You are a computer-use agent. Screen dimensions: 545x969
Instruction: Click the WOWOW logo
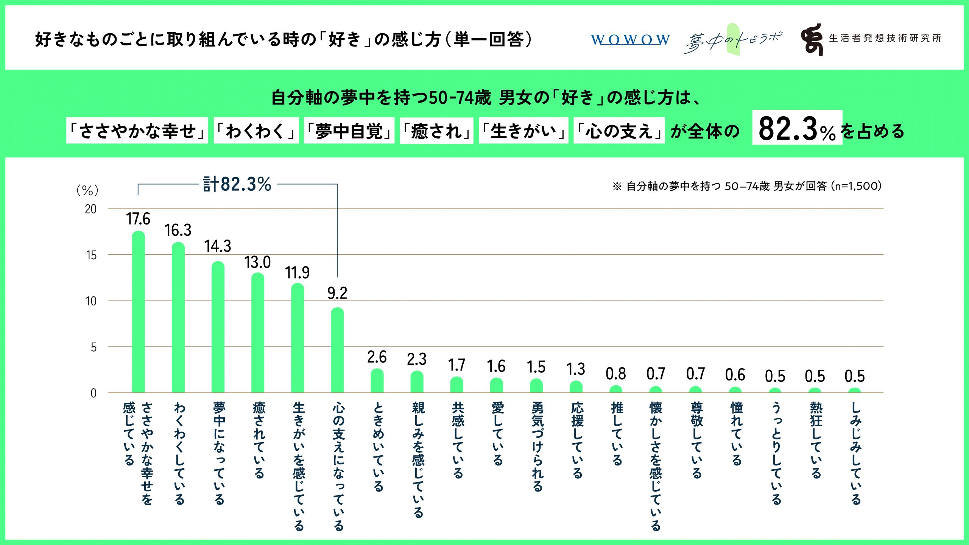click(x=630, y=39)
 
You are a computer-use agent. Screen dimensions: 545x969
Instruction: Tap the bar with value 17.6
click(x=138, y=312)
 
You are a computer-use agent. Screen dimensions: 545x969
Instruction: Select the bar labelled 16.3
click(x=178, y=318)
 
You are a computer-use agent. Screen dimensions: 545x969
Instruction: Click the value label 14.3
click(x=218, y=246)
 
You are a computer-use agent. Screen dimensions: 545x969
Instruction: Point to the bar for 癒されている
click(x=258, y=333)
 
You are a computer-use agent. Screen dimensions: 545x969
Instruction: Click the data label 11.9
click(x=297, y=272)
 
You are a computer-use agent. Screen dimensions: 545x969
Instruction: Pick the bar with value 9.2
click(x=337, y=350)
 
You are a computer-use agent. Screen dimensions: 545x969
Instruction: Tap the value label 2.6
click(x=377, y=357)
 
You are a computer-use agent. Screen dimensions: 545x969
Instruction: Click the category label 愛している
click(x=497, y=433)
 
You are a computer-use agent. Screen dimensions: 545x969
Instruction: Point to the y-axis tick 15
click(x=91, y=255)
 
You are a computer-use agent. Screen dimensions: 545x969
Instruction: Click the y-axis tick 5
click(x=93, y=347)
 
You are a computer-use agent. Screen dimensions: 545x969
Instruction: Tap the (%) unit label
click(x=87, y=190)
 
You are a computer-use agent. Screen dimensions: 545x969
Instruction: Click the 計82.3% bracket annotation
click(x=237, y=184)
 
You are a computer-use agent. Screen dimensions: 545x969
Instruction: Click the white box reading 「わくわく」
click(x=256, y=131)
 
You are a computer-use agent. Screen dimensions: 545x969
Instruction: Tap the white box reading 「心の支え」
click(x=619, y=131)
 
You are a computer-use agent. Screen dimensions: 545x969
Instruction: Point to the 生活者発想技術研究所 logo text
click(x=885, y=38)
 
